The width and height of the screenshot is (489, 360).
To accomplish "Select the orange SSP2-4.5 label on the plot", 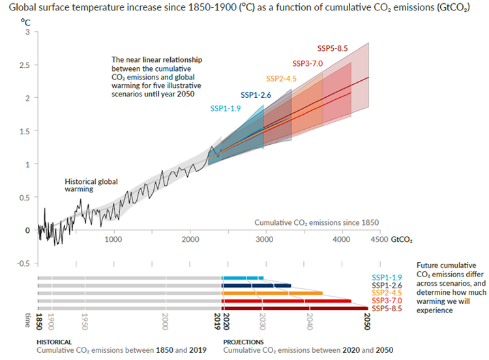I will [282, 79].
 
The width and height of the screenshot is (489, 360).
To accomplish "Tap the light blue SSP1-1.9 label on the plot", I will [226, 108].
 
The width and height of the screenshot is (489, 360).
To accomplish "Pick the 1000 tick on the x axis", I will [114, 239].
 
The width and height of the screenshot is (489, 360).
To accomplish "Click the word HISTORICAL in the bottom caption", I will [54, 342].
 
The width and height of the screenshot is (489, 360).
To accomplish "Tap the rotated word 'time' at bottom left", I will [27, 319].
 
